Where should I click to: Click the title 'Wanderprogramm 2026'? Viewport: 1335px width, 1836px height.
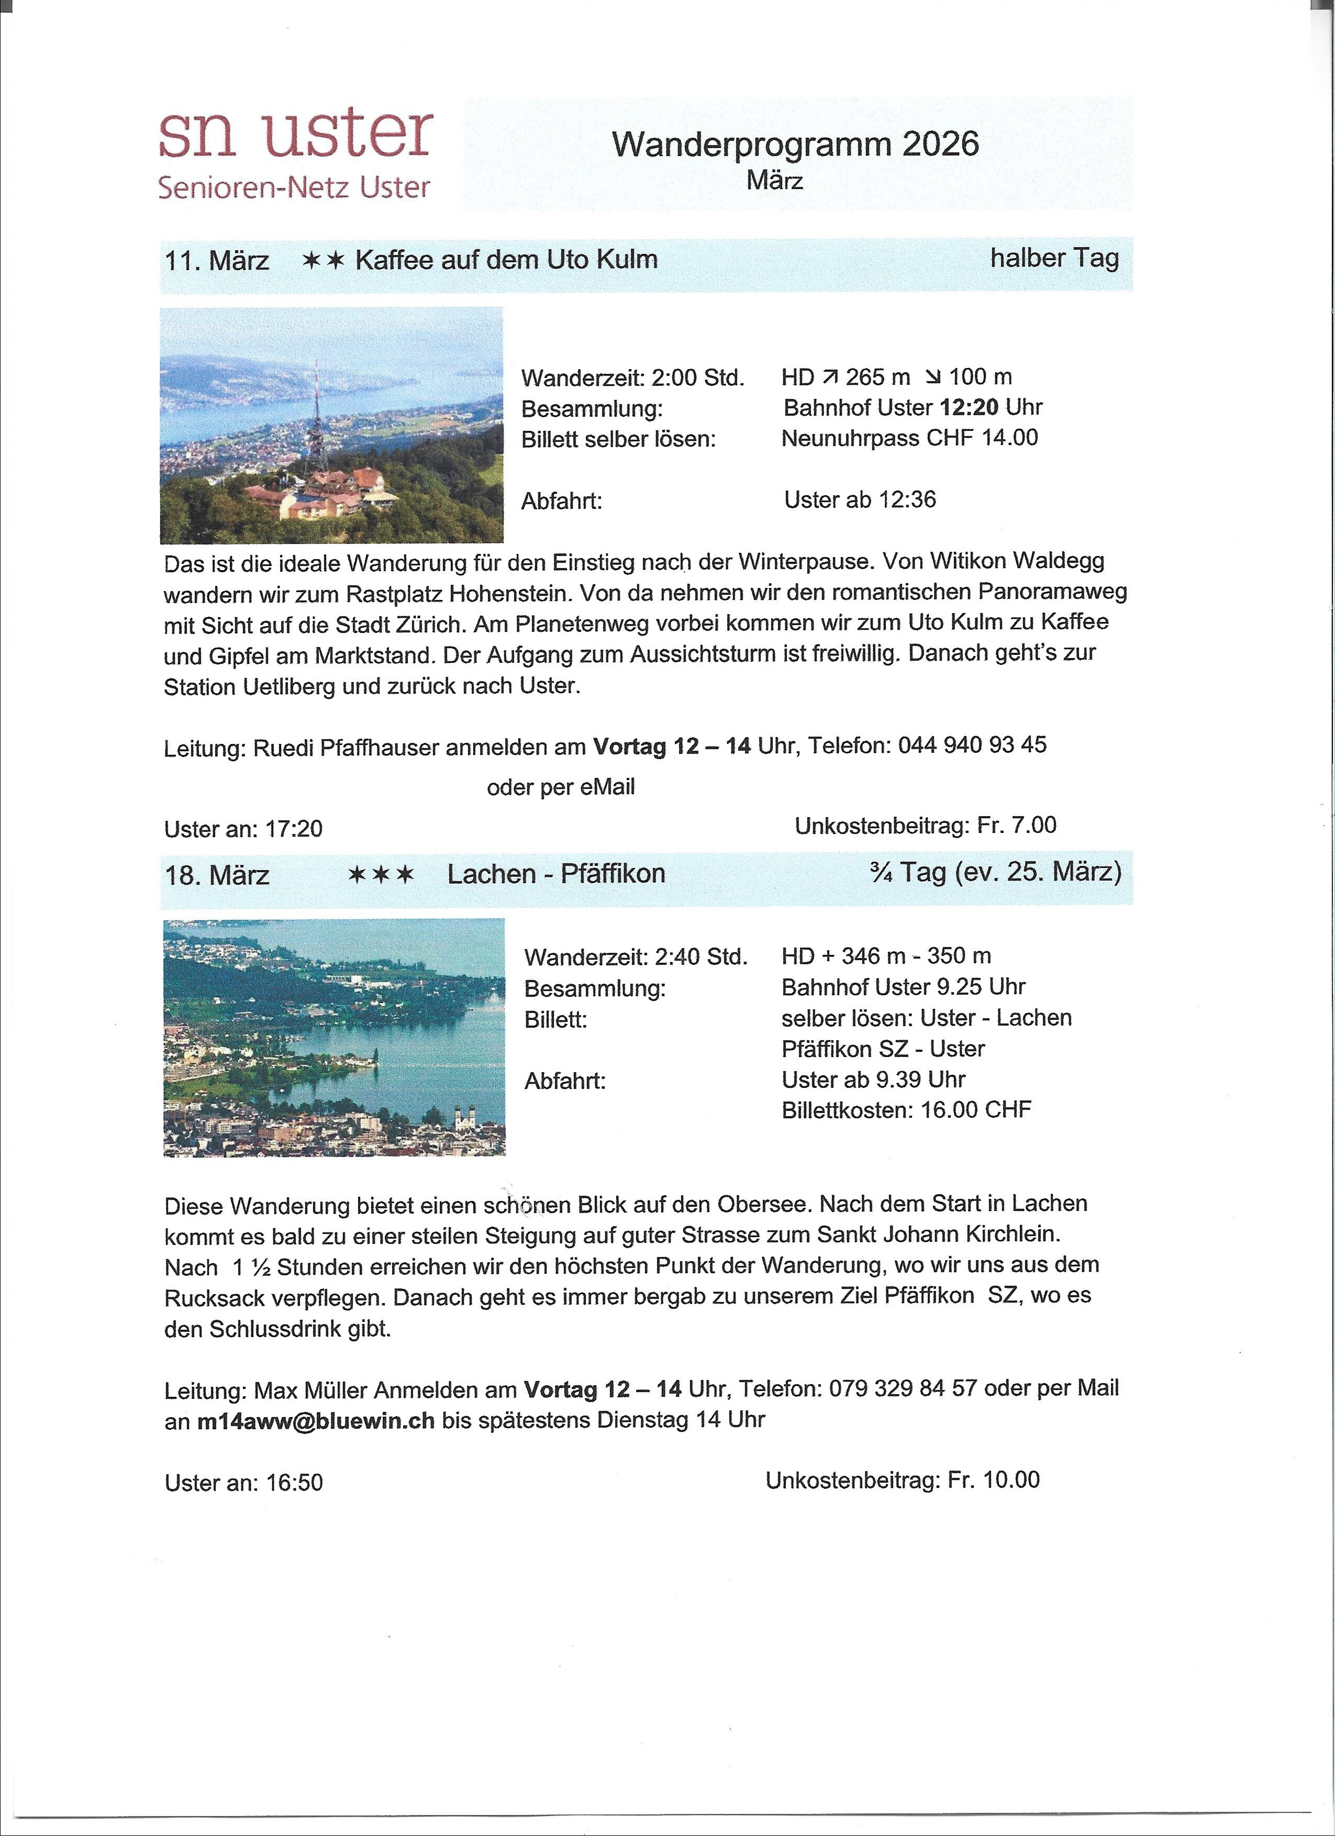(795, 144)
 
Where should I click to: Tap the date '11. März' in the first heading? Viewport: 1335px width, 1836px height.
(217, 261)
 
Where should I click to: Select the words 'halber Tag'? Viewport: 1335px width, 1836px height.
(1053, 258)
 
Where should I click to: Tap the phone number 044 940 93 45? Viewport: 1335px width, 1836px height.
(972, 745)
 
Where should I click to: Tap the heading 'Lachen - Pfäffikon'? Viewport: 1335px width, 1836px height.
(556, 873)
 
